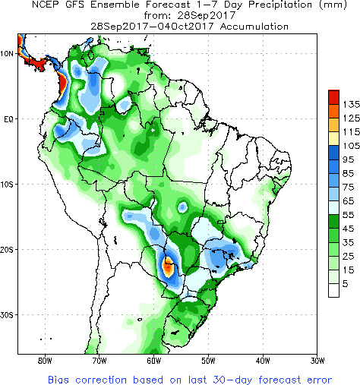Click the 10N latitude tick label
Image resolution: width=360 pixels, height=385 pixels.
pos(7,54)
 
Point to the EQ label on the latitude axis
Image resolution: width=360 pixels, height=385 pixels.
pos(8,119)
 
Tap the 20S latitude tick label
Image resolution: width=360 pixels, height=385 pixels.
pos(7,250)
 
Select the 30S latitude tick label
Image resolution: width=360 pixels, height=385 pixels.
pos(7,315)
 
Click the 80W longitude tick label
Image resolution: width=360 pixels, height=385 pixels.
pos(45,361)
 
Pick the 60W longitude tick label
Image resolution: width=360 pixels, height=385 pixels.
pos(154,361)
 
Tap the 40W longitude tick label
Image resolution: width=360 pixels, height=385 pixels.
pos(263,361)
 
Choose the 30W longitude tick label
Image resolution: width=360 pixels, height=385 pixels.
pos(317,361)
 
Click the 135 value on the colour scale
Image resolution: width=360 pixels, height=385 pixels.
pos(351,104)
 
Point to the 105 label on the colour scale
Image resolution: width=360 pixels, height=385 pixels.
pos(351,146)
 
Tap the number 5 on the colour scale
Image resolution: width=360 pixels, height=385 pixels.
pos(346,284)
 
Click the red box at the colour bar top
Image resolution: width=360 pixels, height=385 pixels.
pos(333,97)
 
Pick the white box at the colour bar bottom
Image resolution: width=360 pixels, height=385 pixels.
pos(333,290)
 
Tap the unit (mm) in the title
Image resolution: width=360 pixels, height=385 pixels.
pos(333,5)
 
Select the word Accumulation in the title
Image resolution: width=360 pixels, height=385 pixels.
pos(254,27)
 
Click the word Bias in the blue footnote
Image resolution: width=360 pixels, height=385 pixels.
pos(58,380)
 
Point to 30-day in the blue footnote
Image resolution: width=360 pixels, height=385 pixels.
pos(232,380)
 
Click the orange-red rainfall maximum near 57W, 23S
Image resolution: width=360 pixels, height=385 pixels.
pos(168,267)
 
